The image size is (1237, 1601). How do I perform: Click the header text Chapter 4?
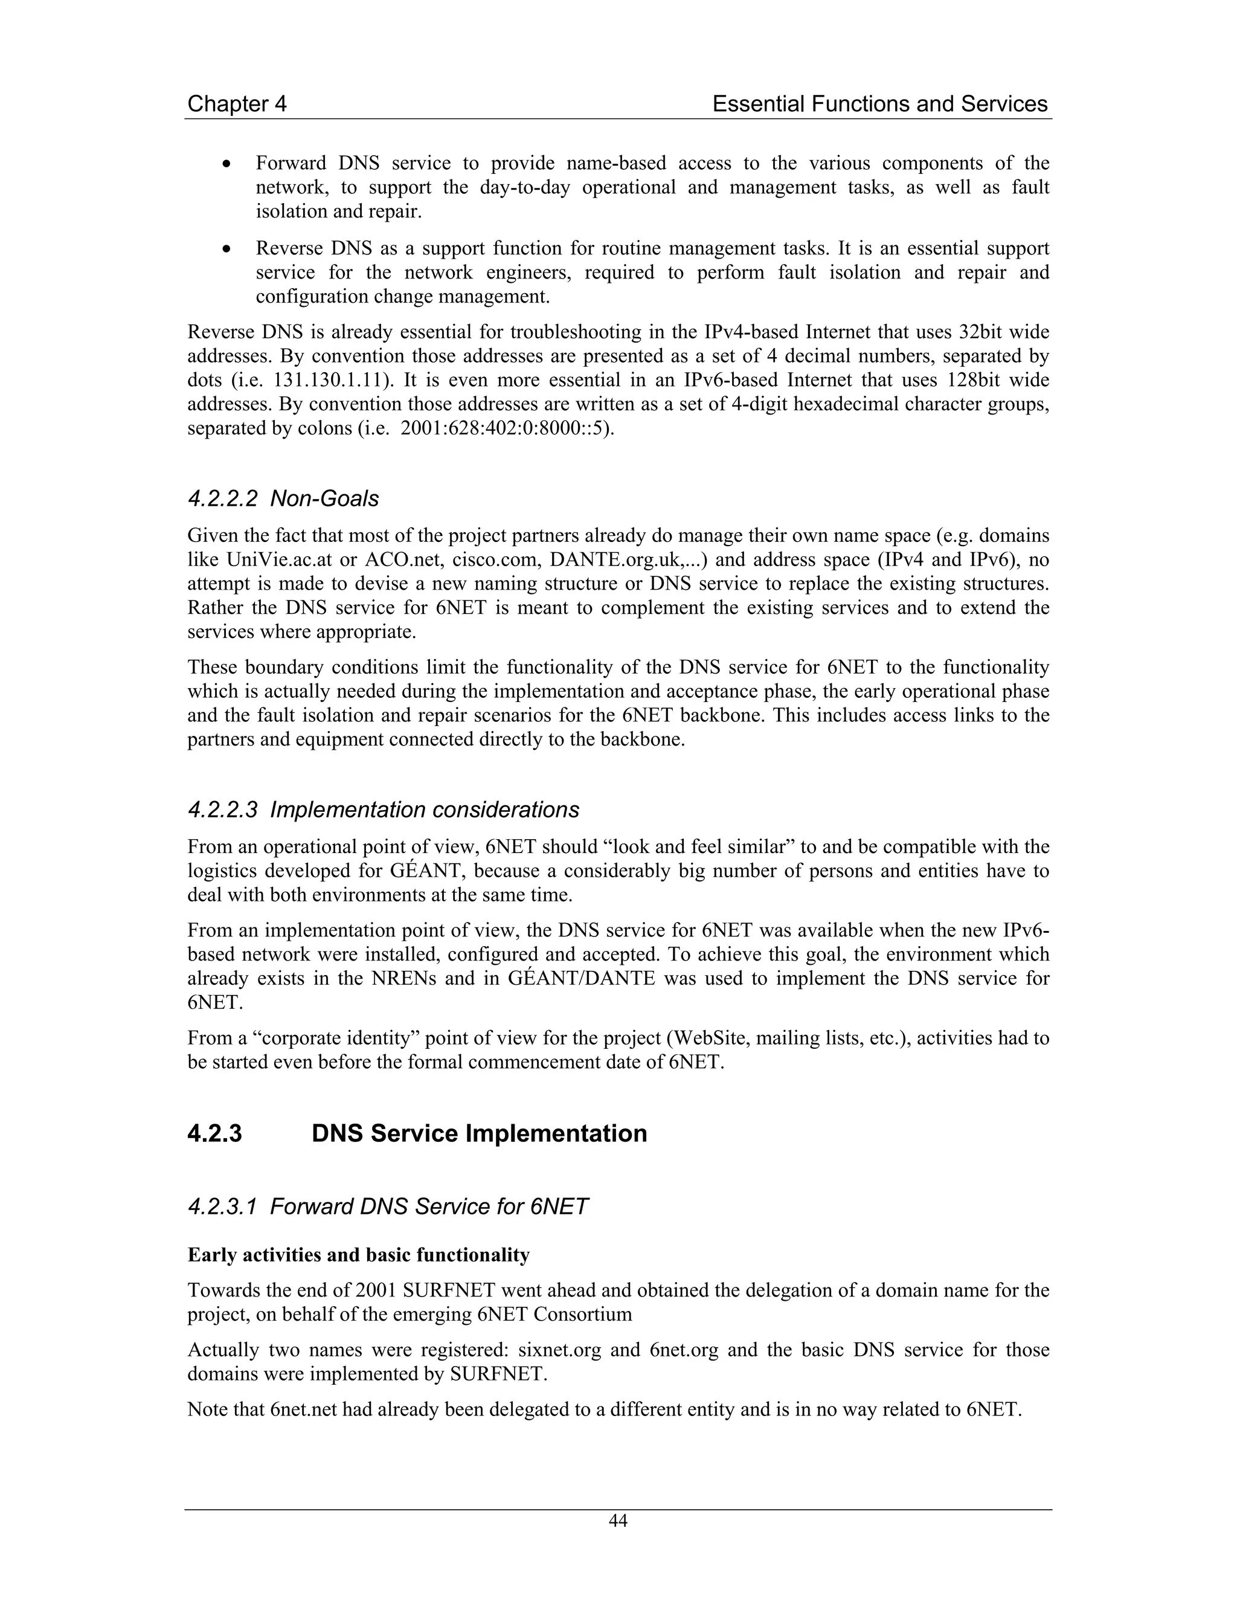pyautogui.click(x=237, y=104)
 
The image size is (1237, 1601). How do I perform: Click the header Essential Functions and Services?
pyautogui.click(x=879, y=104)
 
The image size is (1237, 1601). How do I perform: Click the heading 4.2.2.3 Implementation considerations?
pyautogui.click(x=384, y=810)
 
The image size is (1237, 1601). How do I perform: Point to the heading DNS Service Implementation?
pyautogui.click(x=479, y=1133)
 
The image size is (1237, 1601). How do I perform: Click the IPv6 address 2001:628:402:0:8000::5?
pyautogui.click(x=505, y=429)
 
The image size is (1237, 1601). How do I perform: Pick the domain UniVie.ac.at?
pyautogui.click(x=279, y=560)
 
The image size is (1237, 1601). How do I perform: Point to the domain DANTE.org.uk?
pyautogui.click(x=614, y=560)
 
